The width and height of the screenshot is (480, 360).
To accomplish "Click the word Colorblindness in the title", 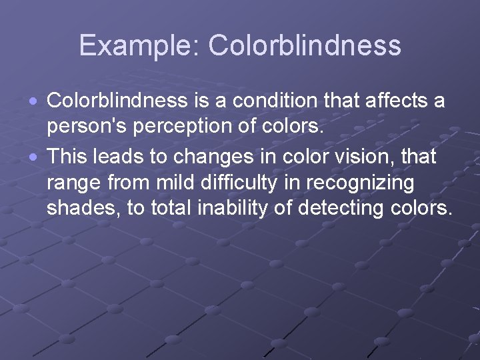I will click(305, 46).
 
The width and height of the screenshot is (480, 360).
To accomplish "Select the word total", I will click(169, 208).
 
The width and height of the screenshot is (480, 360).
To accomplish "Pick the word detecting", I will click(339, 208).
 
